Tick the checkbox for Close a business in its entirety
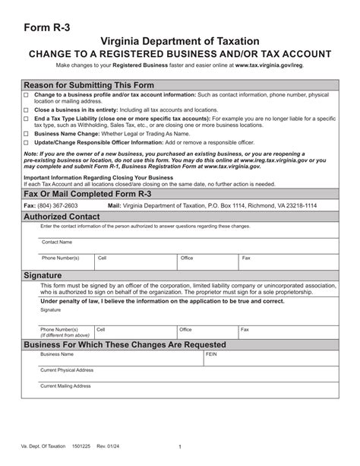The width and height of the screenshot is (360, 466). [x=26, y=109]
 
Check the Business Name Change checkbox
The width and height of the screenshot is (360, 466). [x=26, y=132]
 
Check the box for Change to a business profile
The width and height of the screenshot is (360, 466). [x=26, y=94]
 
